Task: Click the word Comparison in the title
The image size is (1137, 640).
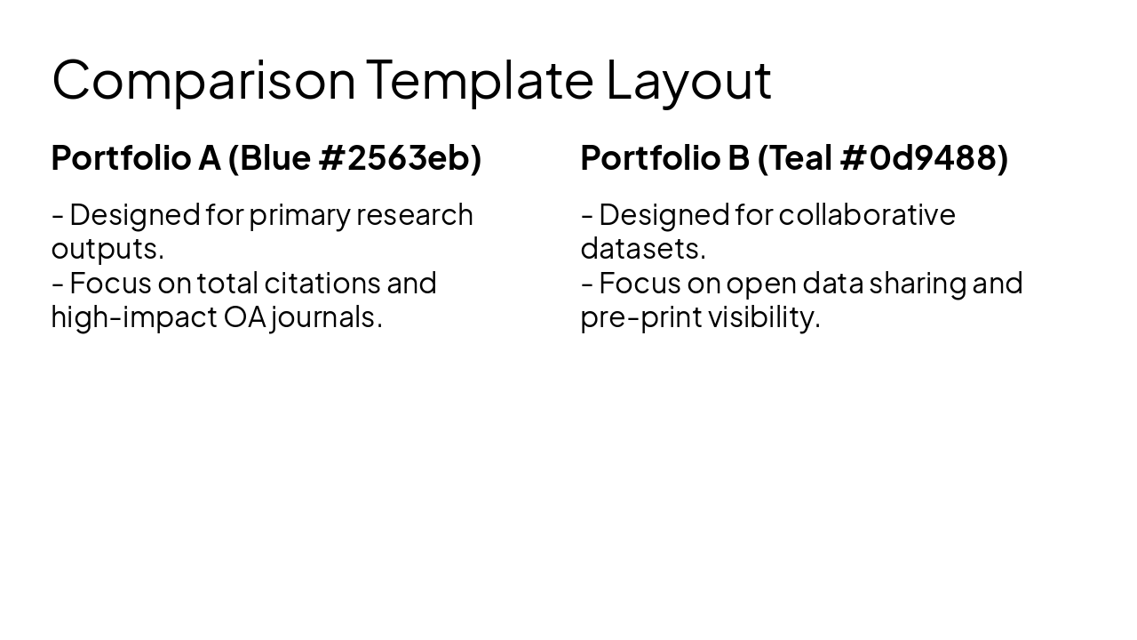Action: pyautogui.click(x=203, y=80)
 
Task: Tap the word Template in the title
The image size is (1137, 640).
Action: pyautogui.click(x=479, y=80)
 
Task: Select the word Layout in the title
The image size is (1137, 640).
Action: pyautogui.click(x=688, y=80)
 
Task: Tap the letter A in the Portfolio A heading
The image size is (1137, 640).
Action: pyautogui.click(x=209, y=157)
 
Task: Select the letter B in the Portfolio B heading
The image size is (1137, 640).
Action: pyautogui.click(x=738, y=157)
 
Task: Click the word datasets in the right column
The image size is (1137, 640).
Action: pyautogui.click(x=640, y=249)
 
